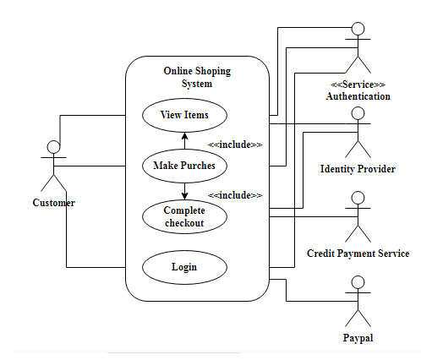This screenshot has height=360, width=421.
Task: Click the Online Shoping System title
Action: click(197, 77)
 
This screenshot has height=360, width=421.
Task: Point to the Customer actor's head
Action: click(53, 147)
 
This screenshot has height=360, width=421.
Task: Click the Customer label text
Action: click(53, 203)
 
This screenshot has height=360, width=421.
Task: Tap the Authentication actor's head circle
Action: click(358, 29)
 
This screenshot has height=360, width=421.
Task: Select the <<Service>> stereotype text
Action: click(358, 85)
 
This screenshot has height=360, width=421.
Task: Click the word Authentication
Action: click(358, 96)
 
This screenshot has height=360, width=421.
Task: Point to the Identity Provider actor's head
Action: click(358, 113)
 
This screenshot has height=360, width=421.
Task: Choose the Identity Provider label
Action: click(358, 169)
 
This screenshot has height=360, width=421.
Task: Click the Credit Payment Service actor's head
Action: click(358, 198)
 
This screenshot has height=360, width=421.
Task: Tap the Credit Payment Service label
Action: click(358, 254)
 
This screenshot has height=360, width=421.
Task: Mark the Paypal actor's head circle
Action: click(358, 282)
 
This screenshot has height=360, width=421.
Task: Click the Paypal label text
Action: click(358, 338)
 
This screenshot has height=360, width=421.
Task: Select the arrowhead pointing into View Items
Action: click(184, 136)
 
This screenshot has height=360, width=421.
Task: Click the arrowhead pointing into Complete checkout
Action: click(184, 196)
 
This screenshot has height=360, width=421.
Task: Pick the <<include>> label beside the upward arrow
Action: click(235, 145)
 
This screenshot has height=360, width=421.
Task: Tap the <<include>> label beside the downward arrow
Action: click(235, 195)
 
